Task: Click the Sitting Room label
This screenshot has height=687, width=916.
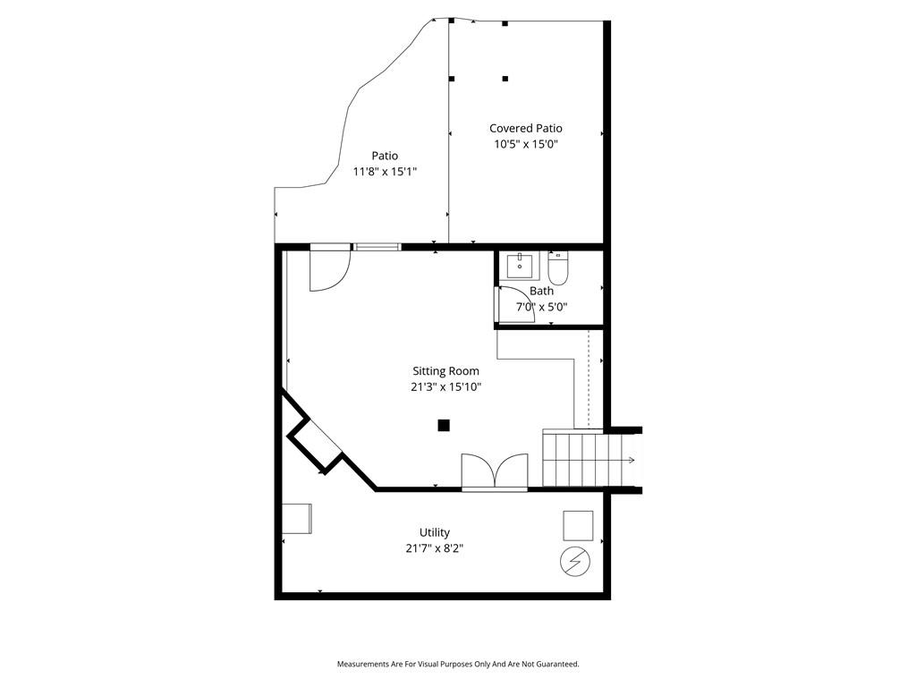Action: click(445, 371)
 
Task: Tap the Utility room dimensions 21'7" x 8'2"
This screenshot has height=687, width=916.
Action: click(435, 548)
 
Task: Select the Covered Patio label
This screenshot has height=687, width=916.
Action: click(526, 129)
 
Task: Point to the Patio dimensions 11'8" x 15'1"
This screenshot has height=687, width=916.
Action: click(385, 172)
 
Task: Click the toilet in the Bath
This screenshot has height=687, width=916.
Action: click(558, 267)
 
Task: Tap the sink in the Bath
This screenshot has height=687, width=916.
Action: click(520, 266)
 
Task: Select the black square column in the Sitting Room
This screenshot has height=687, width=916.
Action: click(444, 425)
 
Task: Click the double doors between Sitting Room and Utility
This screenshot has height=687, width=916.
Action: click(495, 471)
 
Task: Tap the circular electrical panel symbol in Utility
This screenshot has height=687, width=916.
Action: click(575, 562)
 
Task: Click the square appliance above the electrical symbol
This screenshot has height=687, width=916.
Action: click(578, 526)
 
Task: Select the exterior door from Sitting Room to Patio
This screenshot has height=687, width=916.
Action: click(330, 268)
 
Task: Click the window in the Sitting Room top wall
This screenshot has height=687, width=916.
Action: click(378, 247)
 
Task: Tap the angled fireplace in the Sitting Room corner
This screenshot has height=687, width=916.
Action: click(314, 445)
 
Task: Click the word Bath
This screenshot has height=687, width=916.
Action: click(541, 291)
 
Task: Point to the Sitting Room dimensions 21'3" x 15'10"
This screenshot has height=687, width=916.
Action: click(445, 386)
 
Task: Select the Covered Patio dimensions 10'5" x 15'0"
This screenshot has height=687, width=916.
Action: click(526, 144)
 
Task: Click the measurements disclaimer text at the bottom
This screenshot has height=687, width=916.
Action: click(458, 665)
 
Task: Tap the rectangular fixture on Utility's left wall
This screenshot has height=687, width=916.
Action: click(297, 519)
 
